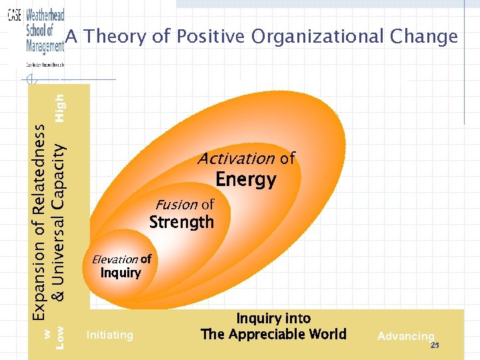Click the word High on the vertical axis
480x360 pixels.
(60, 107)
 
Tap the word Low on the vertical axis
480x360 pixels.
(60, 337)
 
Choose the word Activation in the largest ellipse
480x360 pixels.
(236, 159)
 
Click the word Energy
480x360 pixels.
(245, 179)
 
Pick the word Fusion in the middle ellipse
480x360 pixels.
(176, 205)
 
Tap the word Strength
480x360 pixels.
(181, 222)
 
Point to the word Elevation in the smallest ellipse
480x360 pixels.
(115, 259)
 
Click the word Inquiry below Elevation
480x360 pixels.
(121, 273)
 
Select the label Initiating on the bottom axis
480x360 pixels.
(109, 335)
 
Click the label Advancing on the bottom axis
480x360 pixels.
(405, 336)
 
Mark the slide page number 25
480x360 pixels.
(435, 345)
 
